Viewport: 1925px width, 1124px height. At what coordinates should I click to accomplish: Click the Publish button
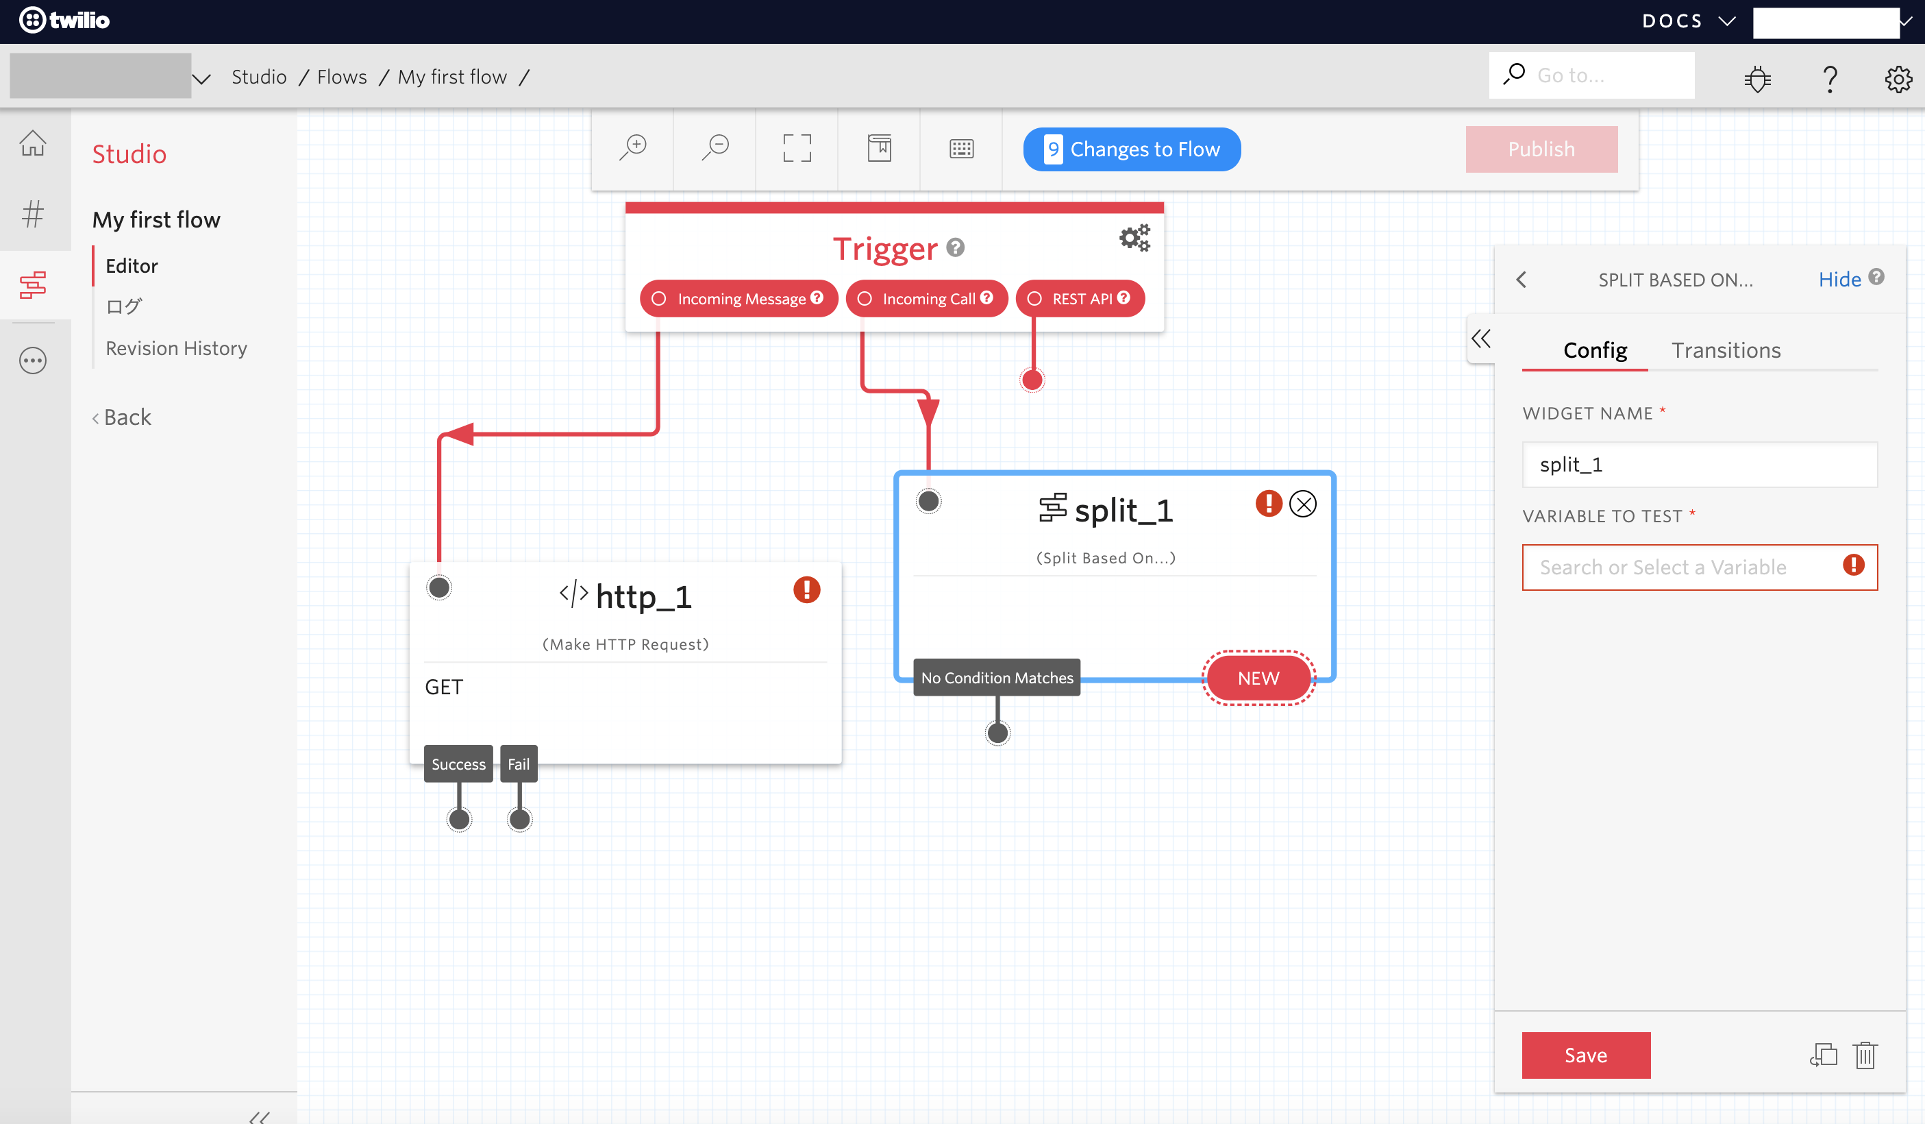point(1541,149)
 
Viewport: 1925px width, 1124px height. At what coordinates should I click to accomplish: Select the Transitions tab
point(1726,350)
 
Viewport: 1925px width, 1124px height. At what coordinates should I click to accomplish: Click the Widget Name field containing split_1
point(1699,465)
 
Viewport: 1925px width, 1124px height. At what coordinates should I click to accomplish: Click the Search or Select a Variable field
point(1680,567)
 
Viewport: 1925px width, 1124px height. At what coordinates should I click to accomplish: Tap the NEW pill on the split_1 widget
point(1258,678)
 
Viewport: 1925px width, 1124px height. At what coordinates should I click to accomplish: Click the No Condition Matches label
point(996,678)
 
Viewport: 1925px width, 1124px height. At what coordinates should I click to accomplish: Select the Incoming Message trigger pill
point(738,299)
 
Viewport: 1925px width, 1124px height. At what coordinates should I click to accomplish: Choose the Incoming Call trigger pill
point(927,299)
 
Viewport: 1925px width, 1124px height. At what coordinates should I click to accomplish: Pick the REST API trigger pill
point(1080,299)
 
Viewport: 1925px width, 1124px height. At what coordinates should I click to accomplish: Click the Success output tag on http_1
point(458,764)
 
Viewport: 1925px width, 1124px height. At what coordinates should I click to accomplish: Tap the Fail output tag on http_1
point(519,764)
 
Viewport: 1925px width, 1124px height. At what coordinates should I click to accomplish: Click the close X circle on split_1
point(1302,504)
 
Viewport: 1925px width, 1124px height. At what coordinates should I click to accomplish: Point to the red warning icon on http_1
point(807,590)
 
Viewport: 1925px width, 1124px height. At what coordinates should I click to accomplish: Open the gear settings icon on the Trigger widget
point(1134,238)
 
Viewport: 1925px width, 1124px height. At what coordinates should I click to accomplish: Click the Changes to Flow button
point(1131,149)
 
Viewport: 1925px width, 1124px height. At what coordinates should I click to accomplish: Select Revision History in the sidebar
point(177,348)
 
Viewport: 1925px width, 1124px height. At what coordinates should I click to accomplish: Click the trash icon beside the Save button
point(1865,1055)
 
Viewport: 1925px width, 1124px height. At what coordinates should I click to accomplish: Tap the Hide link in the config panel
point(1839,280)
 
